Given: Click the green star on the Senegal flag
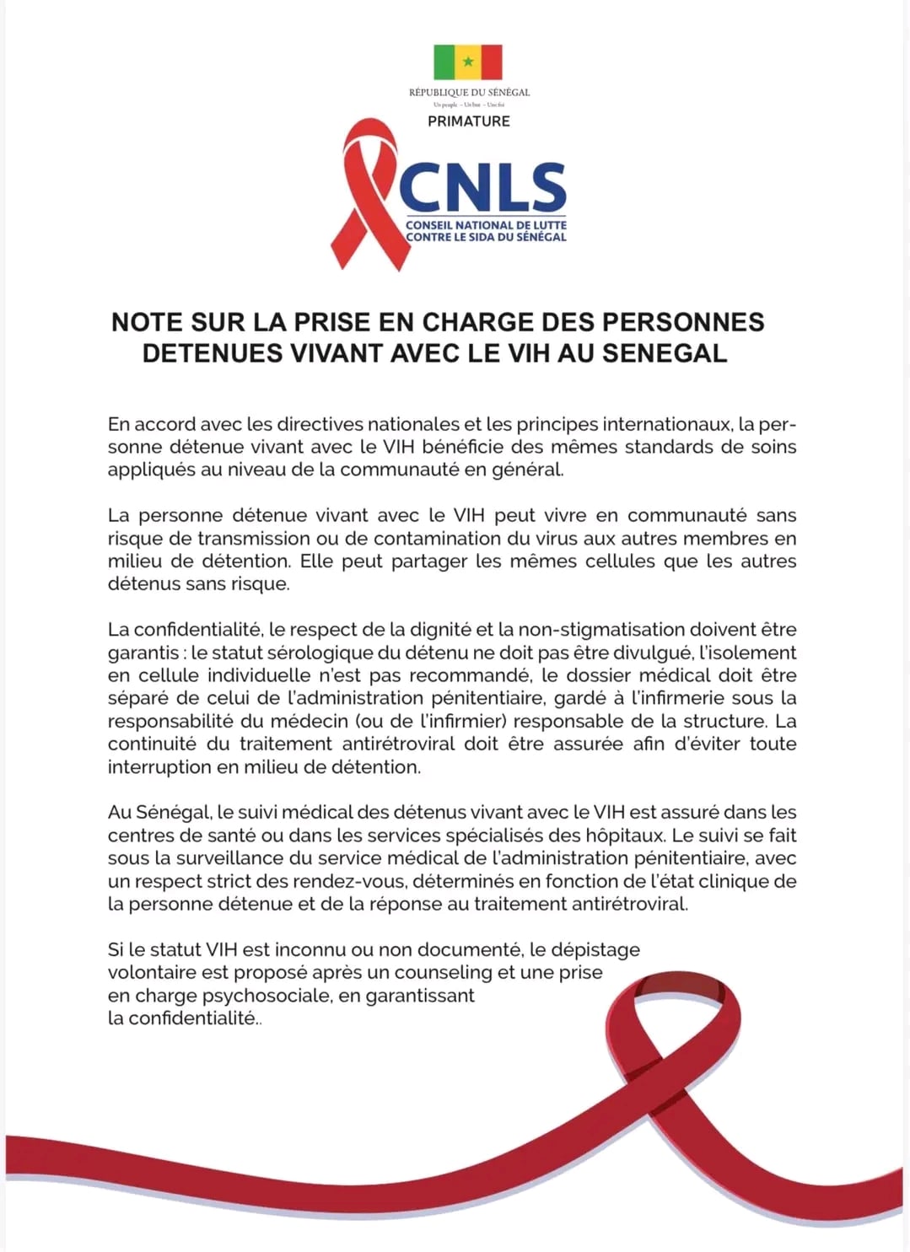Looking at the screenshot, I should [x=468, y=62].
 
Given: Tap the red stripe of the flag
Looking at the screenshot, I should [x=491, y=62].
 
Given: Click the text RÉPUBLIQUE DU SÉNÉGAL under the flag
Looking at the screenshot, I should [x=469, y=92].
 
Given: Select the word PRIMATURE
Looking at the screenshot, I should [x=469, y=121].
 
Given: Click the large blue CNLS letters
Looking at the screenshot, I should [x=482, y=187].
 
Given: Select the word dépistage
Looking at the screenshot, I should [x=595, y=950].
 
